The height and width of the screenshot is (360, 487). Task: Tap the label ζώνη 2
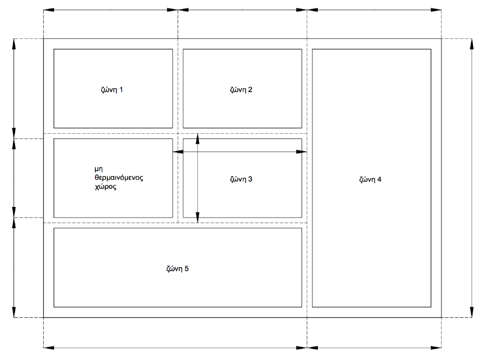[241, 90]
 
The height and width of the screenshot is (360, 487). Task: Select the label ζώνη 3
[241, 179]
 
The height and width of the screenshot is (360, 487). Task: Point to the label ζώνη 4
[370, 179]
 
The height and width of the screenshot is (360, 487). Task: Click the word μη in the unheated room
[99, 169]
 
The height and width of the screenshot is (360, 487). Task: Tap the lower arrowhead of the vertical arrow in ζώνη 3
[197, 219]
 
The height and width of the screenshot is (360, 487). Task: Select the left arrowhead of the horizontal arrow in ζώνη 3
[178, 152]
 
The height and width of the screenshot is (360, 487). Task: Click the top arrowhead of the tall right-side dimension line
[472, 43]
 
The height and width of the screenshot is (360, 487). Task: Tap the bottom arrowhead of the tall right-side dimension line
[472, 313]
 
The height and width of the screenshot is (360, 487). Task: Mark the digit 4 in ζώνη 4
[379, 179]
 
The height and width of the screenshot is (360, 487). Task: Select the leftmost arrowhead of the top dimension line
[48, 10]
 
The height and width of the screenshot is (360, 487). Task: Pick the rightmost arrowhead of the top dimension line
[437, 10]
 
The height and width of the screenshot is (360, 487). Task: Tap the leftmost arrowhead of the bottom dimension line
[48, 347]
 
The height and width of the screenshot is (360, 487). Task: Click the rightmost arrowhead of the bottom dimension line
[437, 347]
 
